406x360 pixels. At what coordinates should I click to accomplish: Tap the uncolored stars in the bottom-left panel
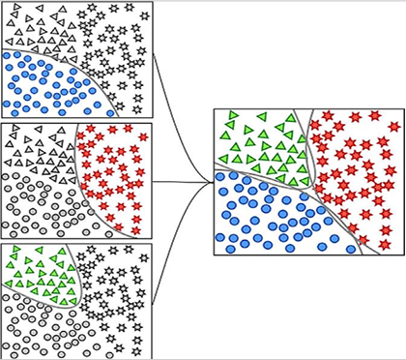click(x=111, y=290)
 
